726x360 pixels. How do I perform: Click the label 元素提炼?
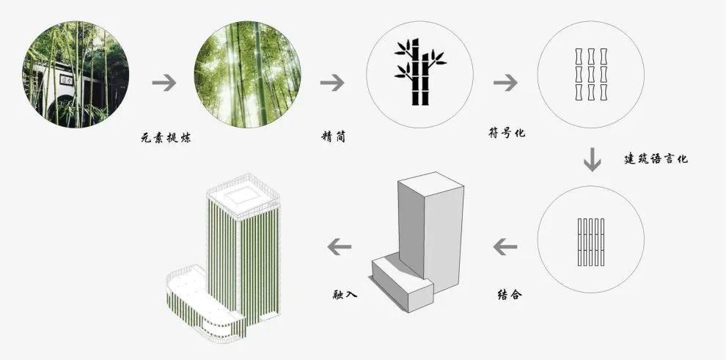pyautogui.click(x=166, y=137)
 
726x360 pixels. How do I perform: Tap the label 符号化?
pyautogui.click(x=507, y=133)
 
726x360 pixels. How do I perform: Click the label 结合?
pyautogui.click(x=510, y=295)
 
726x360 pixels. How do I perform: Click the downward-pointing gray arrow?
pyautogui.click(x=592, y=159)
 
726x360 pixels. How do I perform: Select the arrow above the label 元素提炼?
pyautogui.click(x=164, y=83)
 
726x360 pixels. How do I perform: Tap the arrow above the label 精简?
pyautogui.click(x=332, y=83)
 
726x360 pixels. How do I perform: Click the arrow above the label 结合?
pyautogui.click(x=505, y=247)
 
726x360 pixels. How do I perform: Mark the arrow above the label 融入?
pyautogui.click(x=338, y=247)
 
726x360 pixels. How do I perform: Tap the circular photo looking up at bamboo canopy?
pyautogui.click(x=247, y=73)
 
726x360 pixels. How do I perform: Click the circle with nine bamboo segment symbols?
pyautogui.click(x=591, y=75)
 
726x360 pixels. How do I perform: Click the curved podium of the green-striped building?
pyautogui.click(x=202, y=308)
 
